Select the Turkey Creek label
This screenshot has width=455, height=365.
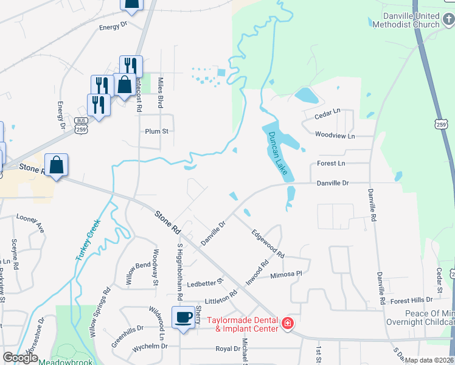click(88, 242)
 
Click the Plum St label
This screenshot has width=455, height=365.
click(156, 131)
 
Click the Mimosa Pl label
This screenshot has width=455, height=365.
click(286, 274)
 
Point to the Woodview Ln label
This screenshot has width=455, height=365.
click(335, 136)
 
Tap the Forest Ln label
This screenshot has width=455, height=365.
click(332, 164)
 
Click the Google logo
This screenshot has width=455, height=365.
click(19, 358)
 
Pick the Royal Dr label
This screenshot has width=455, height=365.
click(228, 349)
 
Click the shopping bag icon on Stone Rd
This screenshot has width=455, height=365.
click(56, 165)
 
